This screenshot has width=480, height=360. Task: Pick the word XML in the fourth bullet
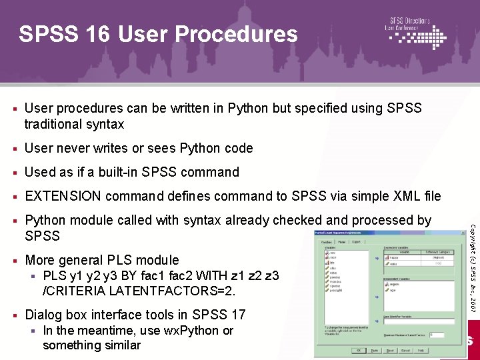pos(400,196)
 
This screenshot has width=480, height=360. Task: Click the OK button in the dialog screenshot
pos(359,350)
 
